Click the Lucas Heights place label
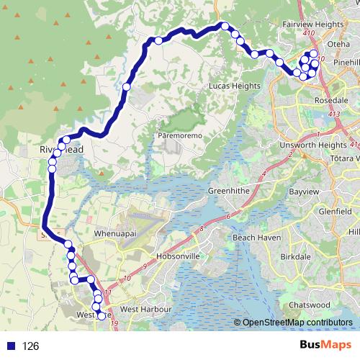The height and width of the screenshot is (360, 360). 233,86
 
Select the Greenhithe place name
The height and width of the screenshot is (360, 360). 228,191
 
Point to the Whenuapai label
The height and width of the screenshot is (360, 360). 116,235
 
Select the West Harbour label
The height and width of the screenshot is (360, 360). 139,310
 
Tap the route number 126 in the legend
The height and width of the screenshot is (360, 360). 30,346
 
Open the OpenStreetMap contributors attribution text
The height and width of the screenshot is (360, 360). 297,323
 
